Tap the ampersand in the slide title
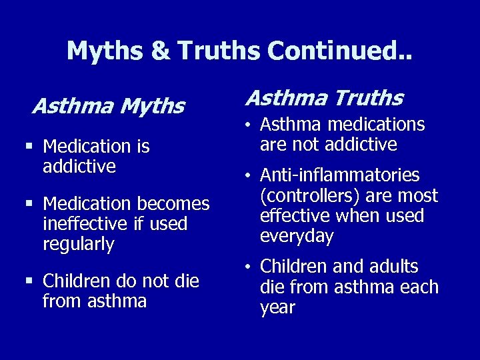tap(161, 51)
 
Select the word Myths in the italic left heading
tap(151, 106)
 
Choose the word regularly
tap(79, 244)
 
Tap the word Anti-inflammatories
tap(340, 175)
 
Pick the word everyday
tap(297, 237)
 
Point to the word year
tap(277, 307)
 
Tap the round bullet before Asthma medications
tap(247, 124)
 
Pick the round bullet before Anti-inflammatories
tap(247, 176)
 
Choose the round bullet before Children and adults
tap(247, 267)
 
